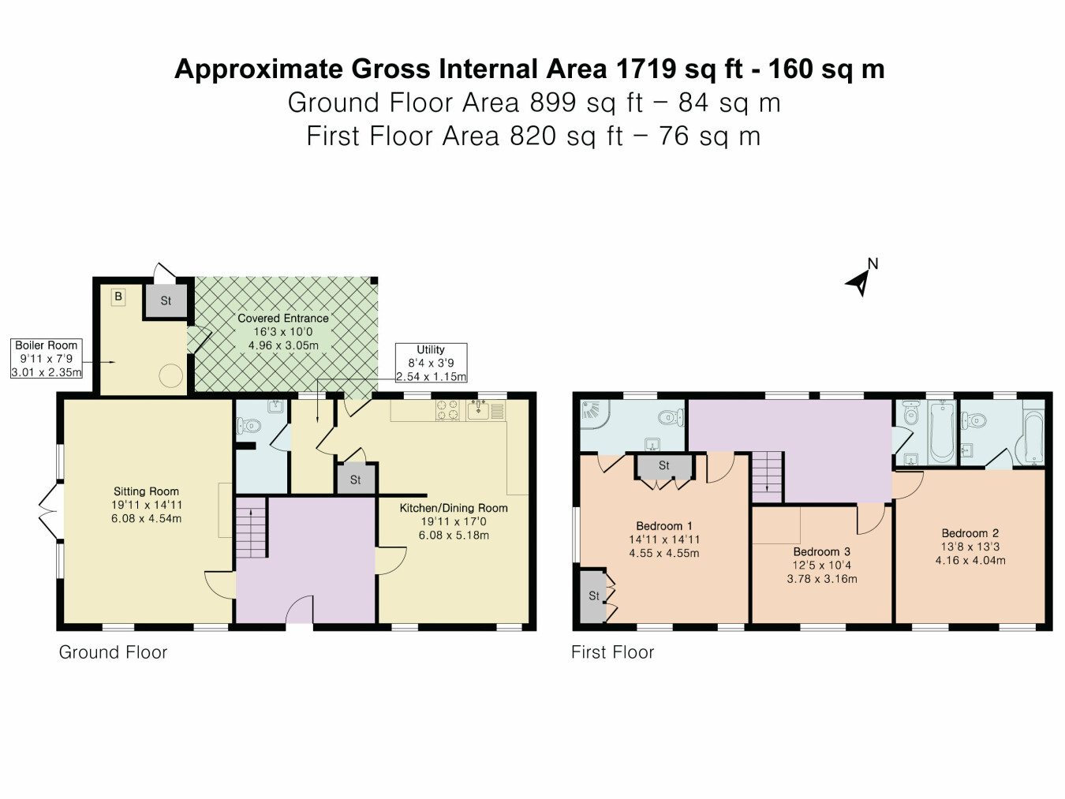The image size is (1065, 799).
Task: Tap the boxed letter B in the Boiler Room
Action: [118, 297]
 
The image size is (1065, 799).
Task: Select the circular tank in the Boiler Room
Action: [170, 376]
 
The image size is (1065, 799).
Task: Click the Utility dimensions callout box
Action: [431, 363]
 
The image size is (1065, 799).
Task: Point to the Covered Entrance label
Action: [283, 318]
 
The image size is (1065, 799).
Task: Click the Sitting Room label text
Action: [146, 491]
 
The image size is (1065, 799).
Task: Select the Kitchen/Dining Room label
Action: [454, 508]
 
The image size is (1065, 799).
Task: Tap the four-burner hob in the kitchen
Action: [448, 410]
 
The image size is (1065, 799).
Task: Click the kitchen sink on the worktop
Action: [478, 409]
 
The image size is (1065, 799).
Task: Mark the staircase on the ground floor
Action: [252, 532]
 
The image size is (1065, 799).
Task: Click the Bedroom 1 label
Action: [664, 526]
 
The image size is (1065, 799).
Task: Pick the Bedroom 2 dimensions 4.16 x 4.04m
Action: [970, 561]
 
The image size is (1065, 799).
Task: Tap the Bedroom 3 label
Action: [821, 551]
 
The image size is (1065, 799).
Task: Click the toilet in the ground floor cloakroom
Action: [249, 426]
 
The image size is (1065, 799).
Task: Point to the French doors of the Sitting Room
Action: [49, 510]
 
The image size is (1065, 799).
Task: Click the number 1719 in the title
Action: [645, 69]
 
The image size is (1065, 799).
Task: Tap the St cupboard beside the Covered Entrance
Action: [166, 301]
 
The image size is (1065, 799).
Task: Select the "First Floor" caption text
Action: [612, 652]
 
